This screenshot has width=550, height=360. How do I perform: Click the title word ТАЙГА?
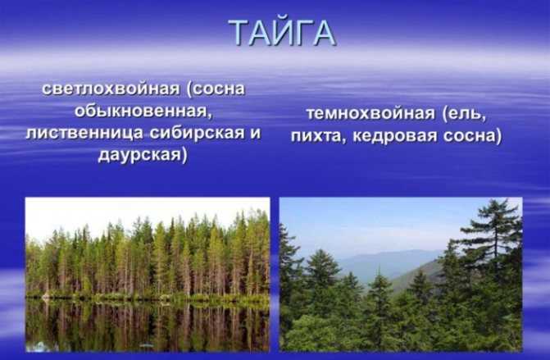tap(283, 32)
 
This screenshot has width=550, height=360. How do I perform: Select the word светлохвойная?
tap(111, 89)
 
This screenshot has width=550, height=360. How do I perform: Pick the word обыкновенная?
tap(143, 112)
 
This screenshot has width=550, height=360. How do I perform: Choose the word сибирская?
tap(197, 133)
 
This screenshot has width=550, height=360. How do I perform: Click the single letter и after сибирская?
tap(256, 134)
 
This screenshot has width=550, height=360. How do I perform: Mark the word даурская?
tap(139, 155)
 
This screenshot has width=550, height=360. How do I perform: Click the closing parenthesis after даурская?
tap(184, 155)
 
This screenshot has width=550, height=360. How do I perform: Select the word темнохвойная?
tap(370, 114)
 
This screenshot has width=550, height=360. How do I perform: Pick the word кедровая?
tap(394, 136)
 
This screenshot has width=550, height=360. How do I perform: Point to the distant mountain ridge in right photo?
tap(389, 264)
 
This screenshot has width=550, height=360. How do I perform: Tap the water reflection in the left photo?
tap(148, 326)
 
